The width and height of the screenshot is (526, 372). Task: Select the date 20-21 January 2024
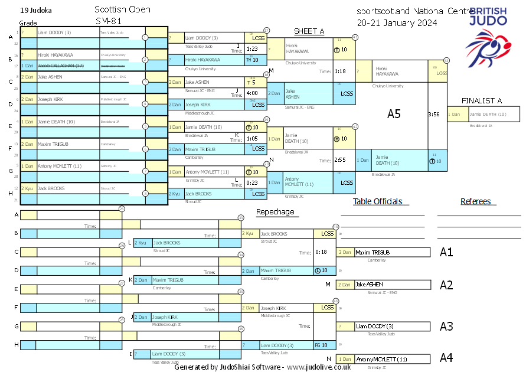(397, 23)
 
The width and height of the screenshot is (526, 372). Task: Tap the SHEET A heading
(309, 31)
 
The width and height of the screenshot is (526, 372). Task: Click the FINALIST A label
(481, 101)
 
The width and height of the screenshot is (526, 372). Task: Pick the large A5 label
(394, 114)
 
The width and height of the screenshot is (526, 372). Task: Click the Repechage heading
(275, 211)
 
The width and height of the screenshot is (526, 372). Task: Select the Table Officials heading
(377, 201)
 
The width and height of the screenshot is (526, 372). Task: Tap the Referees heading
(476, 201)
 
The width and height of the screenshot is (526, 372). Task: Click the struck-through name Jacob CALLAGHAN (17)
(61, 66)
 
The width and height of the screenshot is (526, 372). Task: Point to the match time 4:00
(252, 93)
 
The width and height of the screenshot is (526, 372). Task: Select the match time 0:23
(252, 182)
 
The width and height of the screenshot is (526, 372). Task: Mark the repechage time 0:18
(321, 252)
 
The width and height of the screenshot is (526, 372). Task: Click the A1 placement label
(446, 252)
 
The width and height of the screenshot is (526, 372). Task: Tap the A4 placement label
(446, 358)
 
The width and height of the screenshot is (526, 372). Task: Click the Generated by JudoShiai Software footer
(263, 367)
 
